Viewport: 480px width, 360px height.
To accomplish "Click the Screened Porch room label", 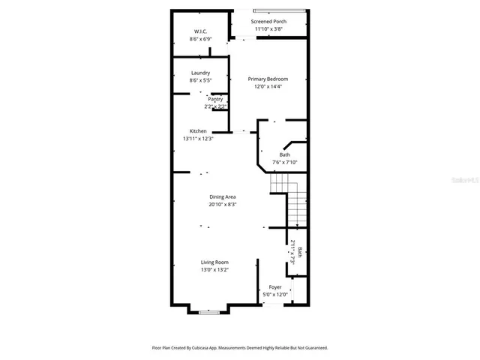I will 268,22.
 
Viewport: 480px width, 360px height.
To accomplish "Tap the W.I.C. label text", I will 200,31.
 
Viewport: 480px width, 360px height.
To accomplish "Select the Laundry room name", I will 200,73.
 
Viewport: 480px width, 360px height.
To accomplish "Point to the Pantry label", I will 215,99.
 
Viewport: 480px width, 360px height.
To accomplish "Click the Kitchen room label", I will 198,131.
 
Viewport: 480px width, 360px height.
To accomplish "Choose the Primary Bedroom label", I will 268,79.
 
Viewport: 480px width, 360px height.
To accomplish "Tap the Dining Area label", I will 222,196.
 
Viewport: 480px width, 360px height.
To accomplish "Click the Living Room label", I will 214,262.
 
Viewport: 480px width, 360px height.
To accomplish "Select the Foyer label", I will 275,287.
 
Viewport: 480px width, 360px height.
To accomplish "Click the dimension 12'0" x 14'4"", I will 268,86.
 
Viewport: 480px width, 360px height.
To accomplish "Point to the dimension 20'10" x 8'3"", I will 222,204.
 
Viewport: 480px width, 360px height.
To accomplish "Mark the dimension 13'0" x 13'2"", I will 214,269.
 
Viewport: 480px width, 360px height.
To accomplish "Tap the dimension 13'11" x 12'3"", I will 198,139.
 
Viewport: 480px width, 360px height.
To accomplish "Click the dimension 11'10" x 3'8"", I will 268,29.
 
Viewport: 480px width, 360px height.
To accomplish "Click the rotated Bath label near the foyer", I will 300,253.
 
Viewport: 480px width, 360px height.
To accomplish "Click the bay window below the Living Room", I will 209,311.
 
